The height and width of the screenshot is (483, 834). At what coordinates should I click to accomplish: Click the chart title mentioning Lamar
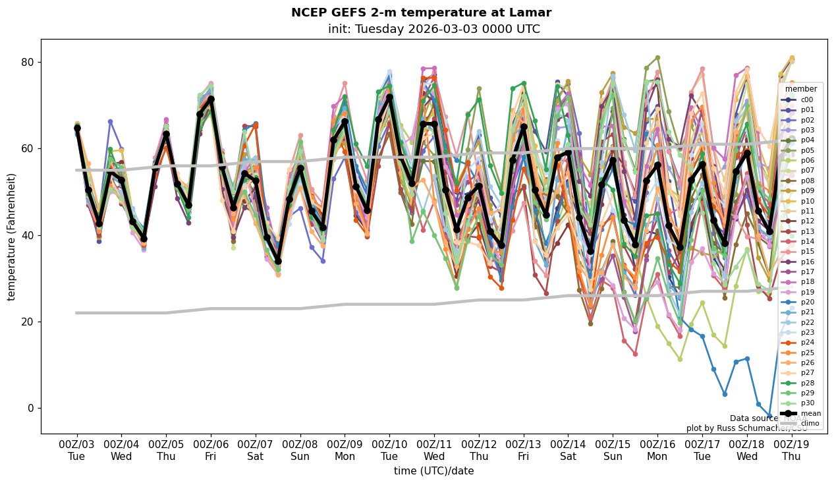(421, 13)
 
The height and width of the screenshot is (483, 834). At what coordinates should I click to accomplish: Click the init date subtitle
(433, 29)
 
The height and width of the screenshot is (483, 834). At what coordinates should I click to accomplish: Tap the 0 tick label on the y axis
(30, 409)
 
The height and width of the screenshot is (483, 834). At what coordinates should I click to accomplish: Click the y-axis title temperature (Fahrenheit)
(12, 237)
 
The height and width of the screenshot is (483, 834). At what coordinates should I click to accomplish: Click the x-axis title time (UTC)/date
(433, 471)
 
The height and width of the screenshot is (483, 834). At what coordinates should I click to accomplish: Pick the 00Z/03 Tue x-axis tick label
(76, 450)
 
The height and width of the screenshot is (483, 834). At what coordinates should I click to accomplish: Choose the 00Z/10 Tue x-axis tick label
(389, 450)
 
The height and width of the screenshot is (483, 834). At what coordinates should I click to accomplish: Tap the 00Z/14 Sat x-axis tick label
(568, 450)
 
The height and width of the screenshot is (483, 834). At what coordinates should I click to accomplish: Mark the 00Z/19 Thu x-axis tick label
(792, 450)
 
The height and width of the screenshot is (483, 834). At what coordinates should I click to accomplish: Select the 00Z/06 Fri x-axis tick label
(211, 450)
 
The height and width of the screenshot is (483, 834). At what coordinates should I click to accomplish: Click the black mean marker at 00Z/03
(77, 128)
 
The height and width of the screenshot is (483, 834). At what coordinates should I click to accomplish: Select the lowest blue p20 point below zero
(769, 416)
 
